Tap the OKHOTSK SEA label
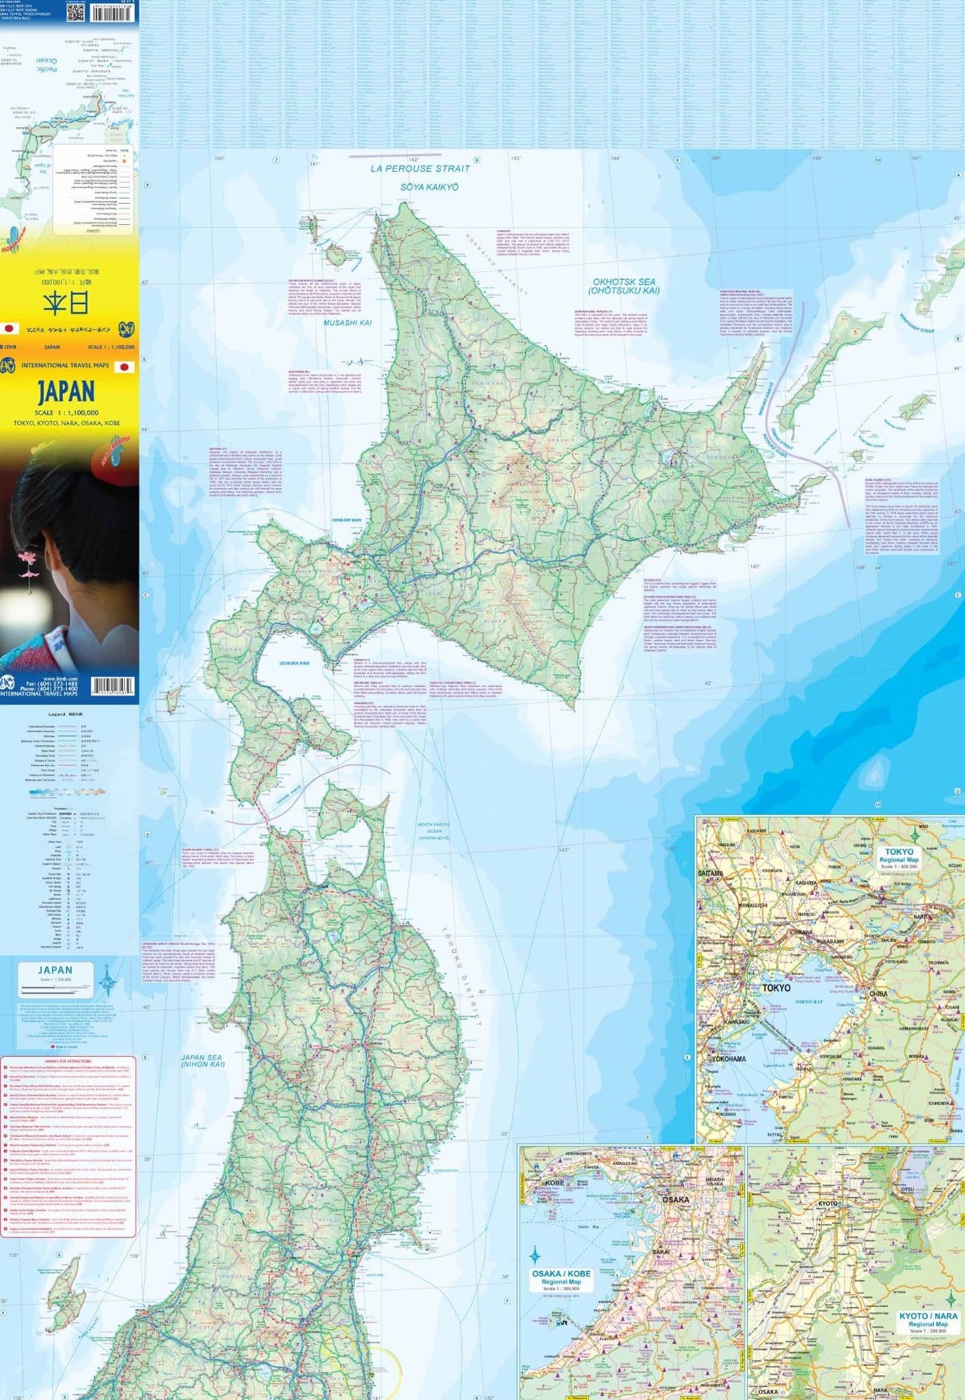pyautogui.click(x=624, y=286)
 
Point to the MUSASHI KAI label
pyautogui.click(x=348, y=323)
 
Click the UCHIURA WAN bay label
pyautogui.click(x=294, y=663)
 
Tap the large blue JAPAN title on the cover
pyautogui.click(x=66, y=391)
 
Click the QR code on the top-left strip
pyautogui.click(x=75, y=12)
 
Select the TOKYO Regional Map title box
pyautogui.click(x=899, y=858)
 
